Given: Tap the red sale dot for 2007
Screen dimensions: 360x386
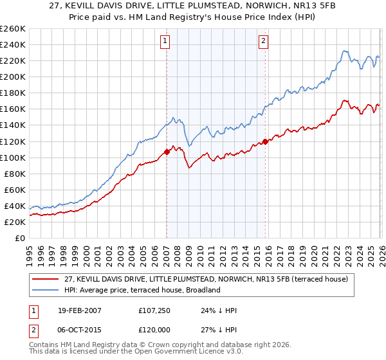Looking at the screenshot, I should pyautogui.click(x=167, y=152).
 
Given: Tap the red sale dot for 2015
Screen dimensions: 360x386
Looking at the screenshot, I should pyautogui.click(x=264, y=141).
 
